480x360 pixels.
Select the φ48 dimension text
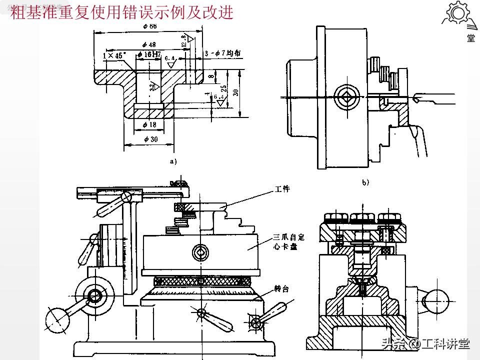point(148,44)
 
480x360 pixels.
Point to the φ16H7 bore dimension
point(149,54)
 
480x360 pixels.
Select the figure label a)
point(173,161)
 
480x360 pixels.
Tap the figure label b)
point(365,182)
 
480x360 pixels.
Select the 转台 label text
point(281,288)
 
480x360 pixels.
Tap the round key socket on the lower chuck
point(200,253)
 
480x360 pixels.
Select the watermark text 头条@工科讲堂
point(425,344)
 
